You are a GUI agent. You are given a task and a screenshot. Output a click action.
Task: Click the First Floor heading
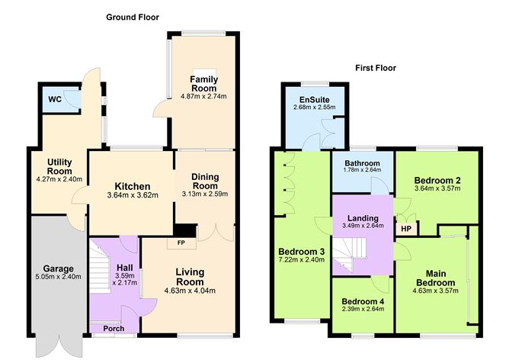click(x=376, y=68)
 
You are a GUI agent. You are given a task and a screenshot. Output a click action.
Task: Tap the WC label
click(x=55, y=99)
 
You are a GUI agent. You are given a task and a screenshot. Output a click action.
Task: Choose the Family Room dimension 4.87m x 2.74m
click(x=203, y=96)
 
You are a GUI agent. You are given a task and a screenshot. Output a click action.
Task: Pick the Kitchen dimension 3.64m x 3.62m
click(x=133, y=194)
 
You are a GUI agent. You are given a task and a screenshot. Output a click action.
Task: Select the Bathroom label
click(x=361, y=163)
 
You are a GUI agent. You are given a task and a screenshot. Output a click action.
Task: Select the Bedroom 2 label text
click(x=437, y=180)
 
